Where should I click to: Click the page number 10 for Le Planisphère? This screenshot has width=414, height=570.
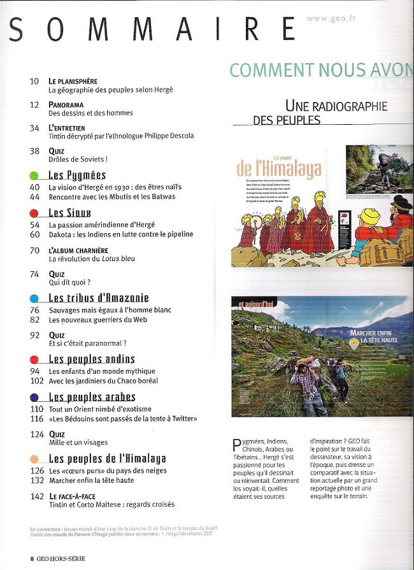tap(34, 82)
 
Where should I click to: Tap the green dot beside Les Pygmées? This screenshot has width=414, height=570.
tap(34, 175)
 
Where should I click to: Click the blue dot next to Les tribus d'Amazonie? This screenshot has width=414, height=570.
tap(34, 298)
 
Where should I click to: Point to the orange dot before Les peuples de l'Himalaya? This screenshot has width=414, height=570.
tap(34, 459)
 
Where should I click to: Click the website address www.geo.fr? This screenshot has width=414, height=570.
tap(331, 18)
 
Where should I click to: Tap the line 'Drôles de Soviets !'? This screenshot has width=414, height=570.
tap(78, 159)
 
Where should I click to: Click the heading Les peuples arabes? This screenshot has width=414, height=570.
tap(92, 397)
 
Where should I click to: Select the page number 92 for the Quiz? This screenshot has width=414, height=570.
tap(35, 335)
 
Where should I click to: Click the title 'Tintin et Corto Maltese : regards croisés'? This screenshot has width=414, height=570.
tap(111, 504)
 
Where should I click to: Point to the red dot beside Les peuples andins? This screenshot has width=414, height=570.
tap(34, 359)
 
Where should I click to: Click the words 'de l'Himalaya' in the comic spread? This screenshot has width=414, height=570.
tap(279, 169)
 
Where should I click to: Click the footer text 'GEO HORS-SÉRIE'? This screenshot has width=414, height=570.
tap(61, 558)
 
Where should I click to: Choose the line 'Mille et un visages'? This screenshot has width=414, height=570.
tap(78, 443)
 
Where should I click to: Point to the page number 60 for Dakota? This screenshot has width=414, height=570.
tap(35, 234)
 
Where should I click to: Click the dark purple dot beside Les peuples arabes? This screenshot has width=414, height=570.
tap(34, 397)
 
